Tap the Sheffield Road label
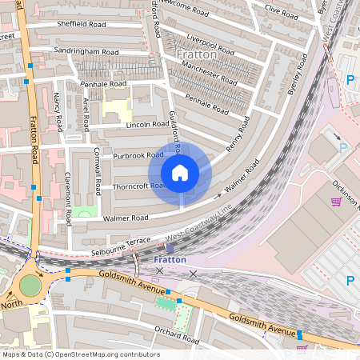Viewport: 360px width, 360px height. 81,24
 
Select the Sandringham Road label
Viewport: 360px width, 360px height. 86,52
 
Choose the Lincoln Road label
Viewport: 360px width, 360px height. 148,125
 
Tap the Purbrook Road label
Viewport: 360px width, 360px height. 138,155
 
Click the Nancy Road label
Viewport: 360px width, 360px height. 58,113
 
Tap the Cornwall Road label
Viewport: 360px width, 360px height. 98,171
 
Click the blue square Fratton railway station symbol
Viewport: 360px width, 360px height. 169,249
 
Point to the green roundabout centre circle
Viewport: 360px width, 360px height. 30,284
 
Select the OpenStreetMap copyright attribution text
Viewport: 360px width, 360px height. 80,354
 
